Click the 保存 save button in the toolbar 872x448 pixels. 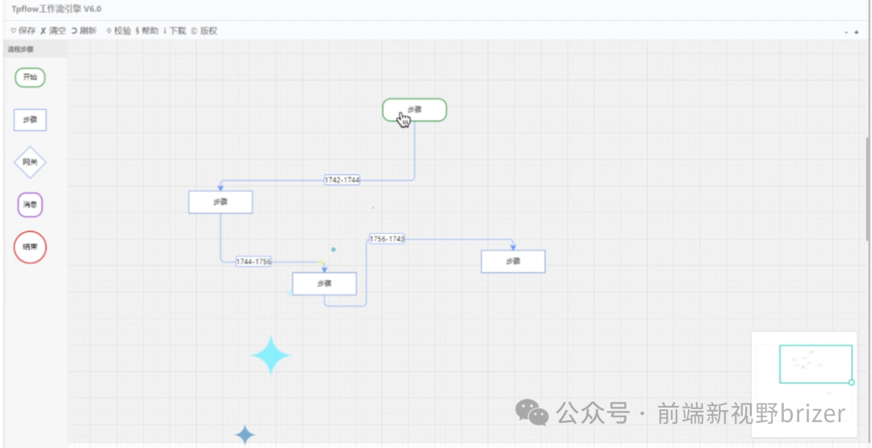[23, 31]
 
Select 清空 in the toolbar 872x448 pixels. [53, 31]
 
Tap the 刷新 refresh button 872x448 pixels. [84, 31]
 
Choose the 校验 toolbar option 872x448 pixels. [118, 31]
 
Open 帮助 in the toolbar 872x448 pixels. [147, 31]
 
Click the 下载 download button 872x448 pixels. [174, 31]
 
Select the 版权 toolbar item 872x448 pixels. [204, 31]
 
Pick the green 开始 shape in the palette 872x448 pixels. [30, 77]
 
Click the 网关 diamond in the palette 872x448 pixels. [30, 162]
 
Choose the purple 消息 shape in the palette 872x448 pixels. [30, 204]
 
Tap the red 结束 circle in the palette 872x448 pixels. [30, 247]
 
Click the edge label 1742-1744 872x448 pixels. [342, 180]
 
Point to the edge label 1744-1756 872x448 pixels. [253, 262]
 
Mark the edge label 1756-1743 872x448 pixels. [387, 239]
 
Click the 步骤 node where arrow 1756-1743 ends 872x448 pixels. [513, 262]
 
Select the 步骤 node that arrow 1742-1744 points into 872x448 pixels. [220, 203]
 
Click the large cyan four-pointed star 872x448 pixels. [270, 355]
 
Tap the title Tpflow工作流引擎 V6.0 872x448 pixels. [57, 9]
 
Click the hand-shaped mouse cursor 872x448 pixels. [404, 119]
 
